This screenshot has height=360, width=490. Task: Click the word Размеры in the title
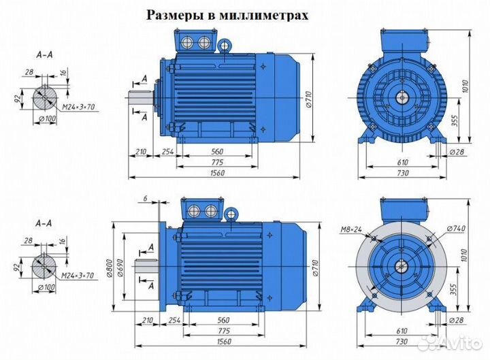tap(171, 16)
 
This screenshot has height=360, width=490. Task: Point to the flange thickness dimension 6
tap(146, 198)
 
